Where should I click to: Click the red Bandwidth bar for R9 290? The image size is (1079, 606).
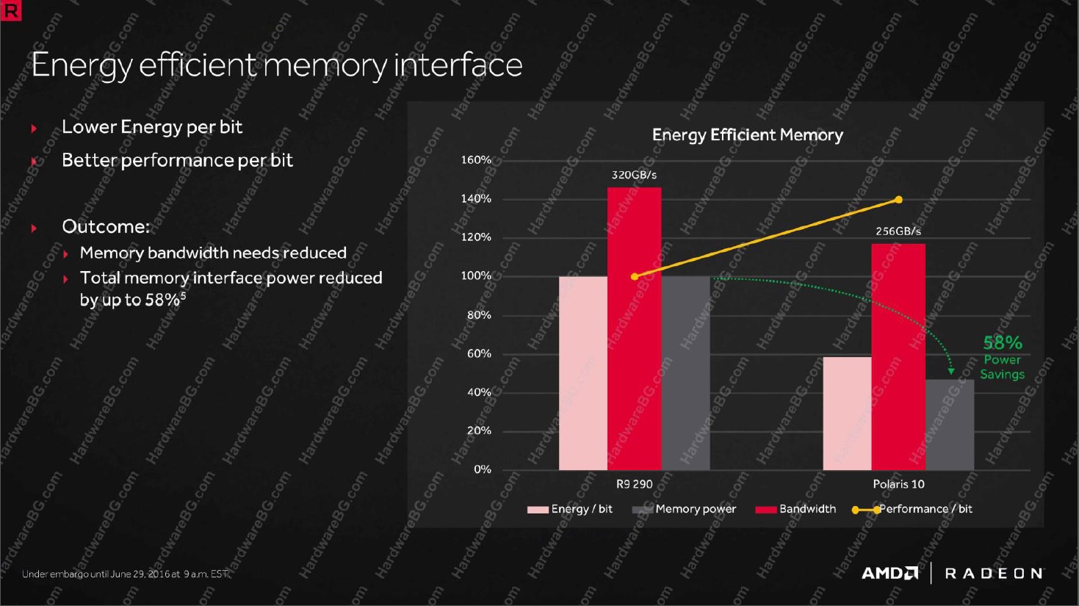point(634,328)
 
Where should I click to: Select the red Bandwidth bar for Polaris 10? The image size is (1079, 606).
point(898,356)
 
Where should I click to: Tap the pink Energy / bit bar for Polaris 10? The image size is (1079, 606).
point(848,414)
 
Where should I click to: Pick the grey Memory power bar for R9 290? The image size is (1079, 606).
point(685,373)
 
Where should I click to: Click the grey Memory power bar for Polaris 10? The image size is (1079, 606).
point(950,425)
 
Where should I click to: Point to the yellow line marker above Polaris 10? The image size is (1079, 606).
point(898,200)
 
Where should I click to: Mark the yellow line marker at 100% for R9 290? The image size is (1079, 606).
point(635,276)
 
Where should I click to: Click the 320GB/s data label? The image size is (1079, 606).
point(634,175)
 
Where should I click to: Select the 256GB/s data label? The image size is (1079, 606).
point(898,231)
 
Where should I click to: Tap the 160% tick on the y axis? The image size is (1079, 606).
point(476,160)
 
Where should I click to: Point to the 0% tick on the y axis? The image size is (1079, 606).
point(482,469)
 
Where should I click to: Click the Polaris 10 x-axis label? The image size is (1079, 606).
point(898,484)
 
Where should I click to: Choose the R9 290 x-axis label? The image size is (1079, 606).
point(635,484)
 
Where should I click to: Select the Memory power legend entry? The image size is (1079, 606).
point(684,509)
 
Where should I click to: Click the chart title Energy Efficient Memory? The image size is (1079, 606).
point(748,135)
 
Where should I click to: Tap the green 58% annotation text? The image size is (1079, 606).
point(1003,343)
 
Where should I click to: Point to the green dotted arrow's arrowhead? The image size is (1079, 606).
point(951,372)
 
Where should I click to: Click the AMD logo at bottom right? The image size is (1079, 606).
point(889,573)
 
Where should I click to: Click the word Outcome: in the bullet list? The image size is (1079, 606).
point(106,226)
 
